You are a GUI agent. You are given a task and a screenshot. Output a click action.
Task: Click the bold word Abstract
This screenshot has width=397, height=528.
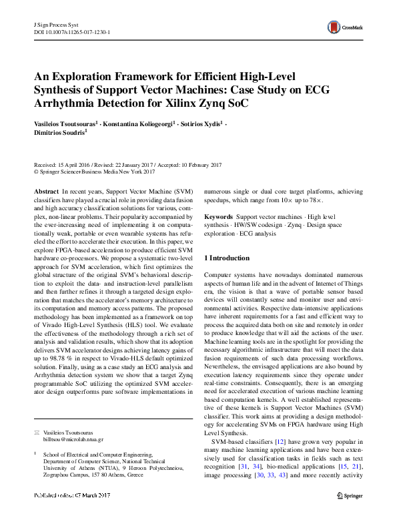click(x=46, y=191)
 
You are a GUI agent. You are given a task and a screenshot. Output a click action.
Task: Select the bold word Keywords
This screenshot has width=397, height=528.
click(x=218, y=218)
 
